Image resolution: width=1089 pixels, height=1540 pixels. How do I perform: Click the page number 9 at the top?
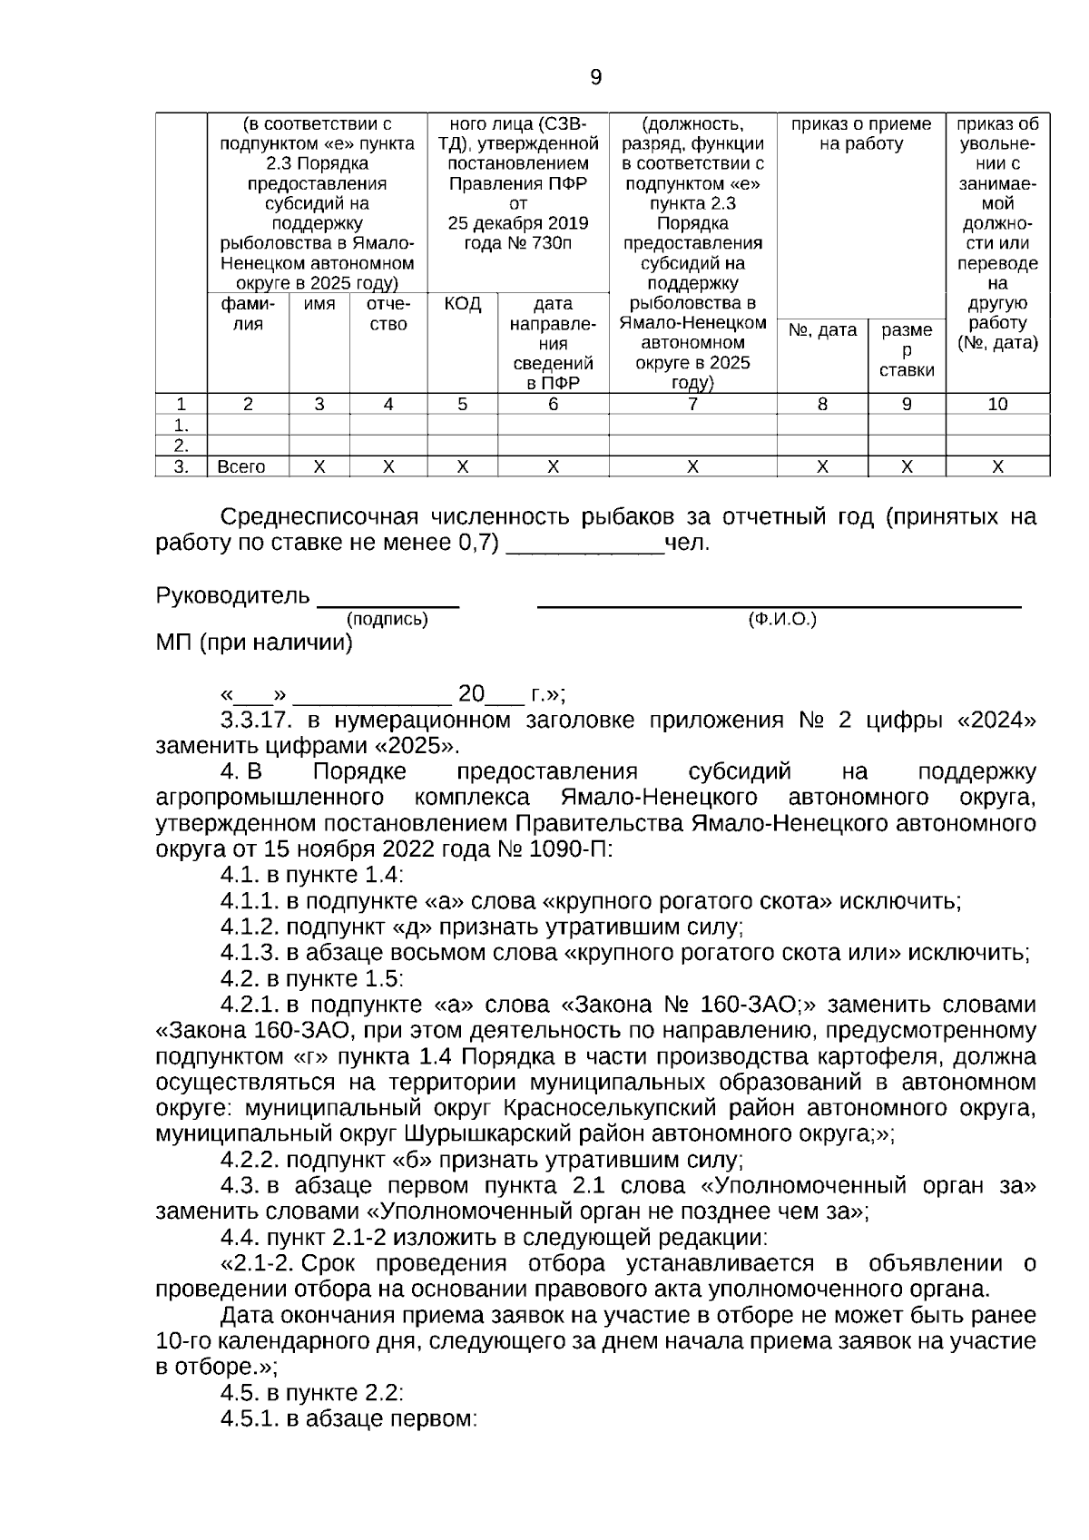point(595,78)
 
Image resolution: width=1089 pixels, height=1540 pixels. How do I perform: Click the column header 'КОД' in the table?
point(462,303)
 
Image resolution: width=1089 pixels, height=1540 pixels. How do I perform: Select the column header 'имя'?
point(319,304)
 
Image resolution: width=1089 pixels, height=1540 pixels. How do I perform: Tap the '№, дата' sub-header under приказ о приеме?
point(822,330)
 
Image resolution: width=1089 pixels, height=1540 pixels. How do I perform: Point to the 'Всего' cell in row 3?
point(241,467)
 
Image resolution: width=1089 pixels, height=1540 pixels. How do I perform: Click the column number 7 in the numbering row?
point(692,405)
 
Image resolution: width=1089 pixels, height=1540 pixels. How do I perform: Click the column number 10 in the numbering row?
point(997,405)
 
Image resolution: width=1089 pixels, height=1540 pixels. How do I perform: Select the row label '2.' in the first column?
point(181,446)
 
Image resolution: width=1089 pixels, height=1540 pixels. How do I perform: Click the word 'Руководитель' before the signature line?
point(233,596)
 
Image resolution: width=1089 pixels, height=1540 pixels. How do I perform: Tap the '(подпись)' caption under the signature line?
point(388,620)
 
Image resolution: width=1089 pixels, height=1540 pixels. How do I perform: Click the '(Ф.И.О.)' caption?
point(781,620)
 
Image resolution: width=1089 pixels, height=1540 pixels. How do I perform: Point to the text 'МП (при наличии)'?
point(254,643)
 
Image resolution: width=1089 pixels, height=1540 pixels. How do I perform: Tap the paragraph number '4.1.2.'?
point(250,927)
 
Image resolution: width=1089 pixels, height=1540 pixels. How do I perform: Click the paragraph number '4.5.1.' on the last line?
point(250,1418)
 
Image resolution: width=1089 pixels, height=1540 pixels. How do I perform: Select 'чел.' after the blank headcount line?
point(688,544)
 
